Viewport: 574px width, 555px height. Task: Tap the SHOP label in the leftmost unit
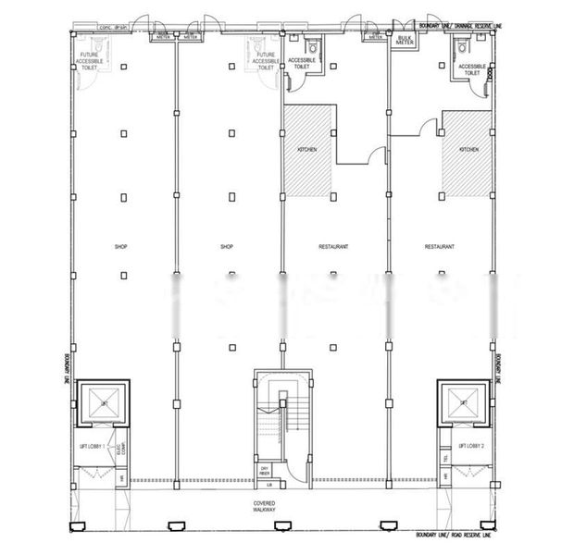120,247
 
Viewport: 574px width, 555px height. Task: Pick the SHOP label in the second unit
227,247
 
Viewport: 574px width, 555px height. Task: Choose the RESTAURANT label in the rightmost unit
439,247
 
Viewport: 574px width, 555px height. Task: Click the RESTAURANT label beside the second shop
333,247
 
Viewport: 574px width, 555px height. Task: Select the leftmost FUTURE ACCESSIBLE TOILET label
94,60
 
